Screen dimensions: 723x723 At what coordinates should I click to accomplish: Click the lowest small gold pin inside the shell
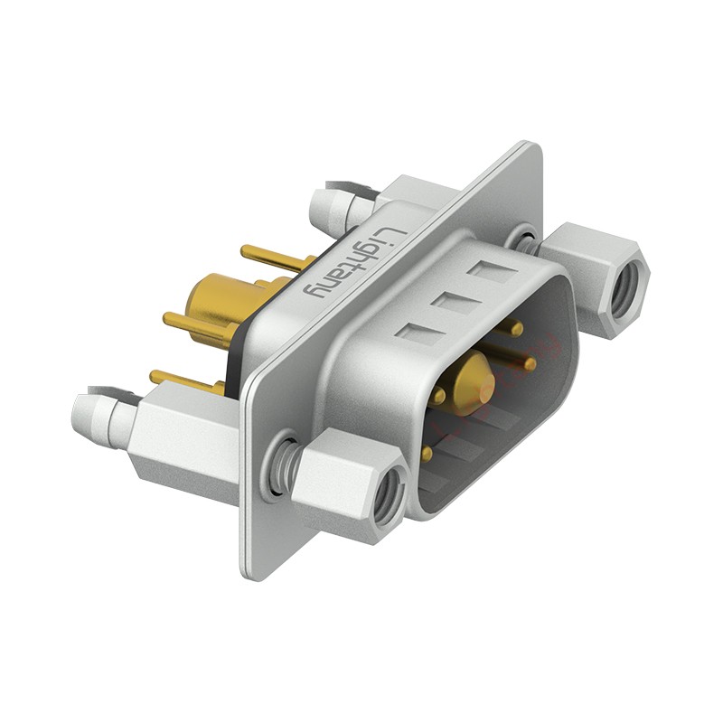426,453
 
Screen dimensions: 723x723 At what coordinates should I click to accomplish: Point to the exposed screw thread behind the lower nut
287,461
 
